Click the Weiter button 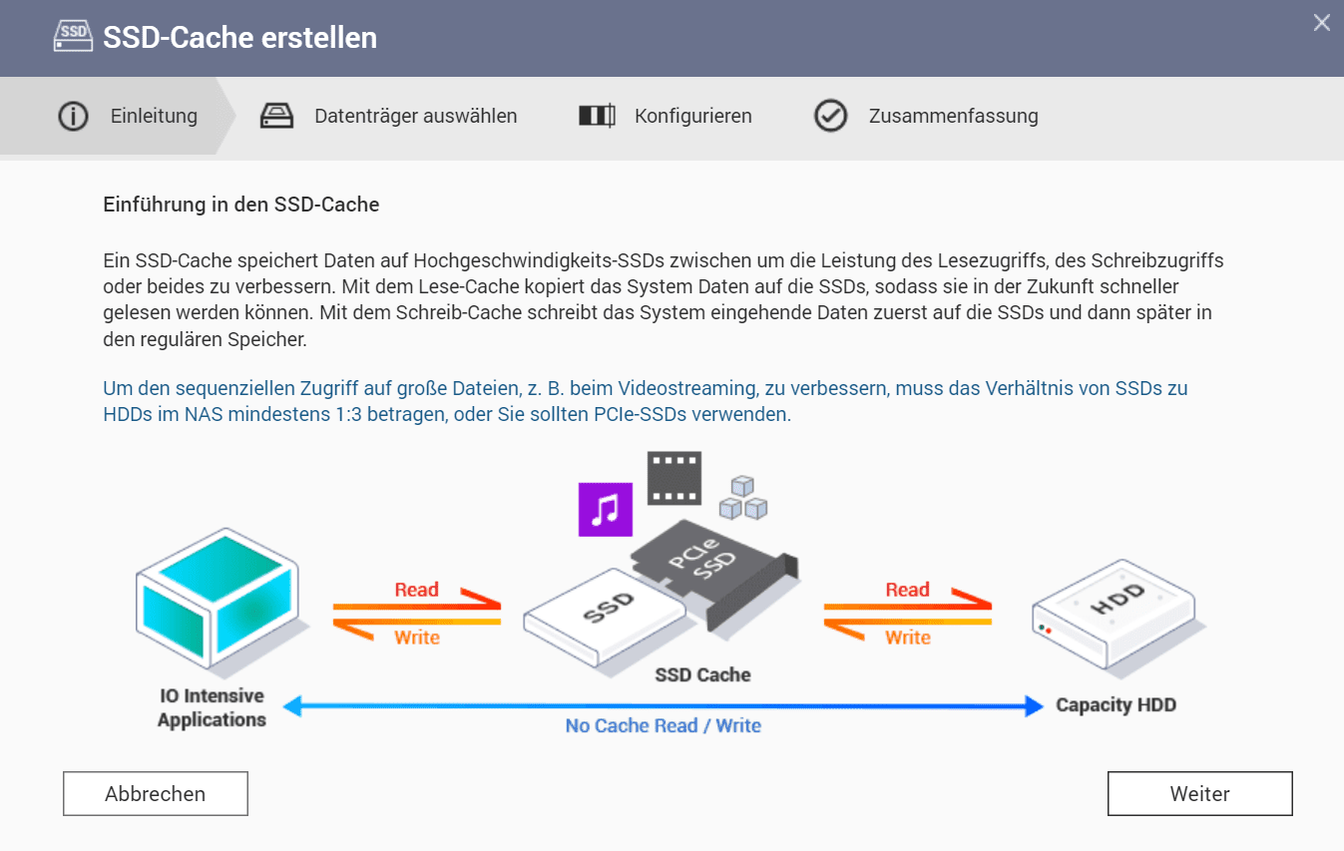(1199, 794)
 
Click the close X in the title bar (1321, 23)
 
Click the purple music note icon (606, 510)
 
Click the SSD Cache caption (702, 675)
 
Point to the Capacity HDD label (1116, 705)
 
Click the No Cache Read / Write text (663, 726)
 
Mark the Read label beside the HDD (907, 590)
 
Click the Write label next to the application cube (416, 638)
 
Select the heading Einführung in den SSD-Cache (240, 206)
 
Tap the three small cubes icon (742, 498)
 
